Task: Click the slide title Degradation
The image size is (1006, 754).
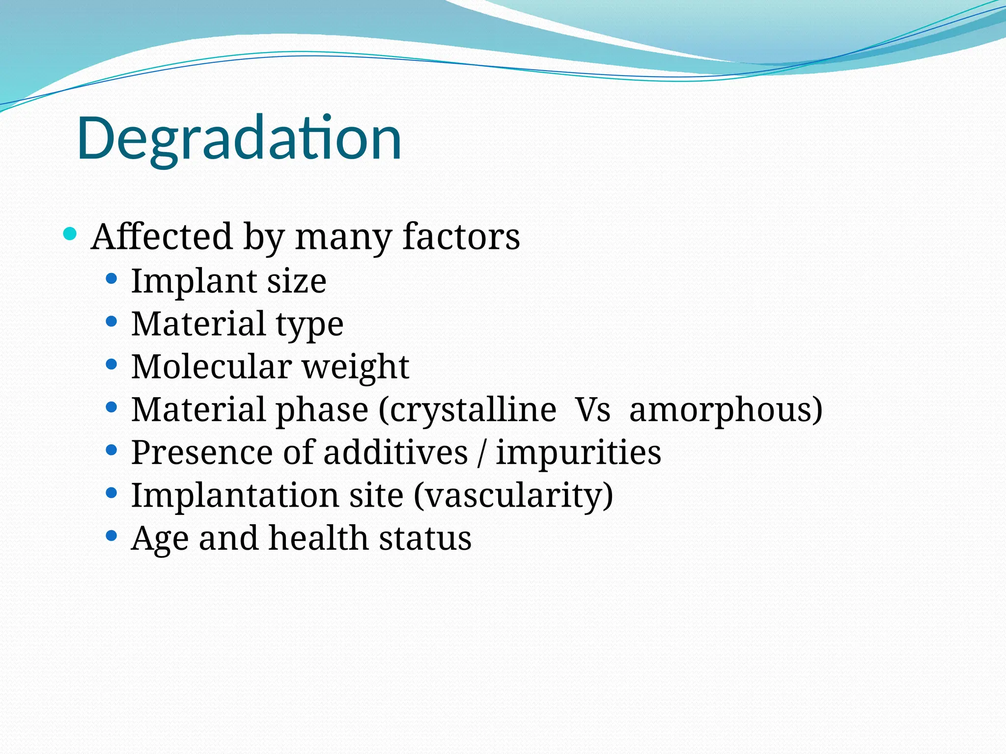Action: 239,138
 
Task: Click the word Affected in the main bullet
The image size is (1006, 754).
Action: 161,237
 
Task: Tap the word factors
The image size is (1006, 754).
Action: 461,237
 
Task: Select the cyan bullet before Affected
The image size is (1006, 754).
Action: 70,234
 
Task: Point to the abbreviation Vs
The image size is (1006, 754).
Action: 593,410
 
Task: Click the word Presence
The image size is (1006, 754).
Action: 202,452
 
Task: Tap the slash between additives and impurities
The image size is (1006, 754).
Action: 481,453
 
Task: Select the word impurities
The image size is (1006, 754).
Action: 578,453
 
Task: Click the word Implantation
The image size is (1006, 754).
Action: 235,495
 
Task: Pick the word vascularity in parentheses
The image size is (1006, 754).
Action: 513,496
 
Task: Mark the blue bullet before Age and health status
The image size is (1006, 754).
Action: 112,536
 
